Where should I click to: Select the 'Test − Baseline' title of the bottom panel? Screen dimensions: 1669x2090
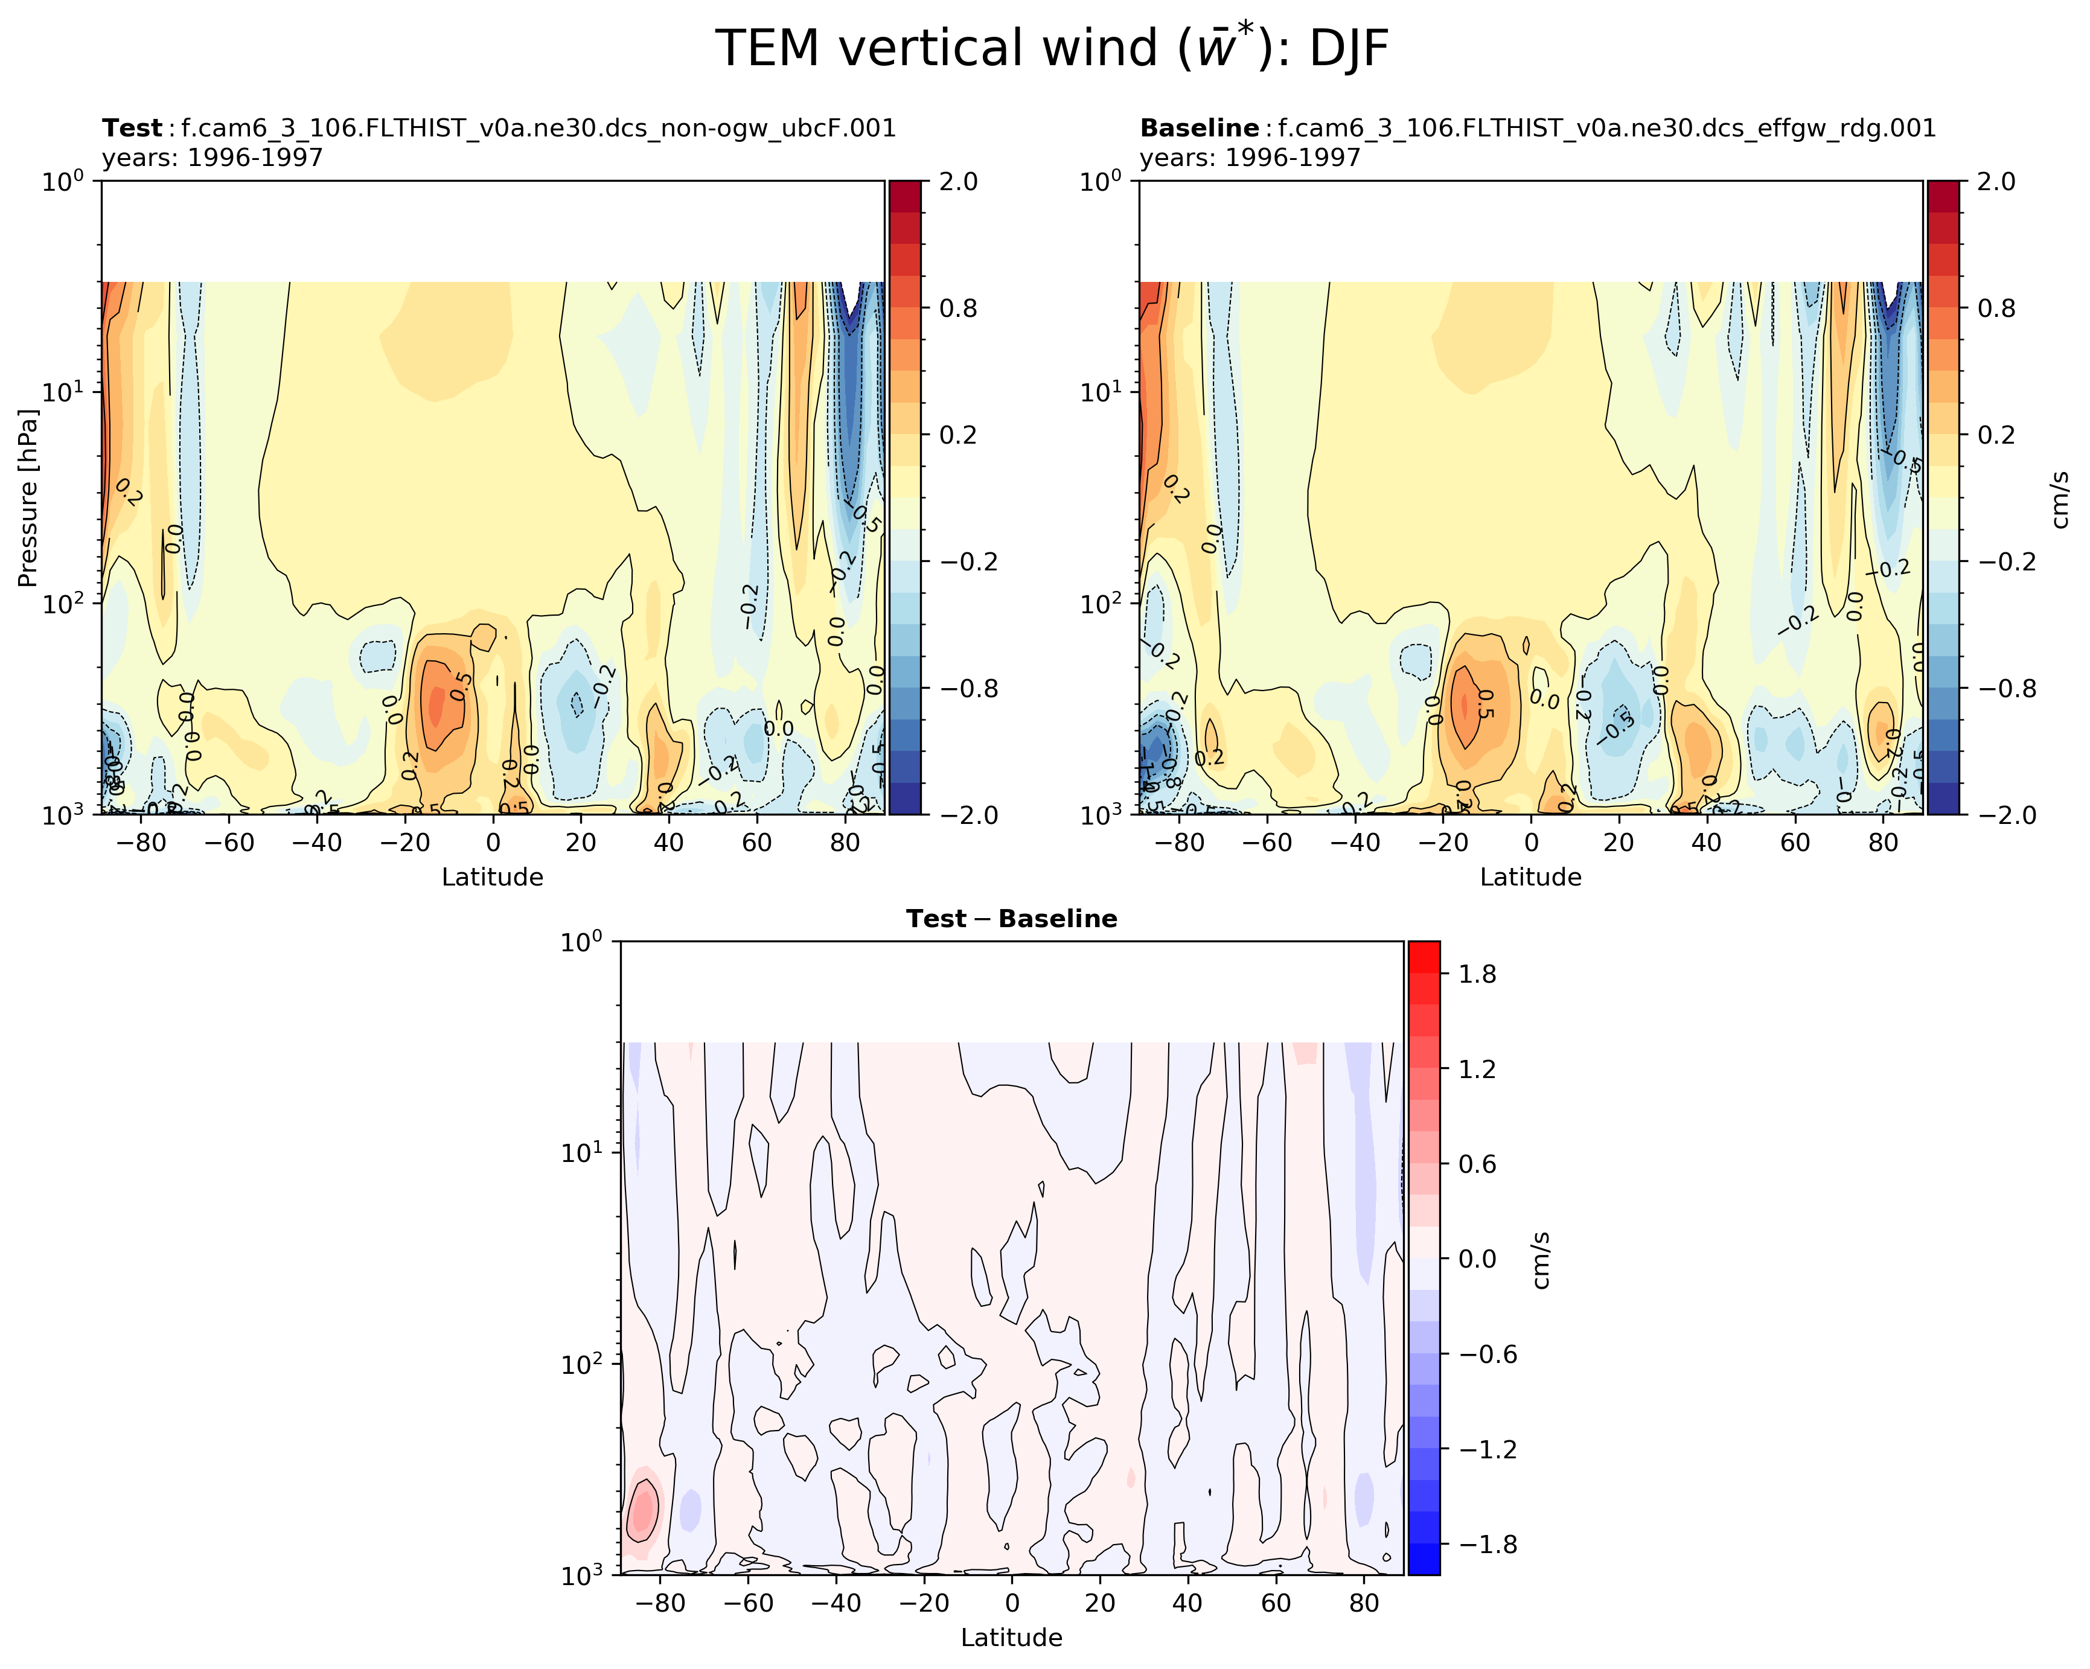[1011, 919]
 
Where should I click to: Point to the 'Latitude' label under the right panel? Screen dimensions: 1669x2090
[1530, 877]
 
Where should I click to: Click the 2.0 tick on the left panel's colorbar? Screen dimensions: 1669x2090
[957, 181]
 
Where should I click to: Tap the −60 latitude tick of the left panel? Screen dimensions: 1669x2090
[230, 842]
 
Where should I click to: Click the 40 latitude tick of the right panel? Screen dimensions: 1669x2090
[1706, 842]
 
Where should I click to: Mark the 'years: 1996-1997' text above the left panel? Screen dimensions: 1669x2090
[213, 157]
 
